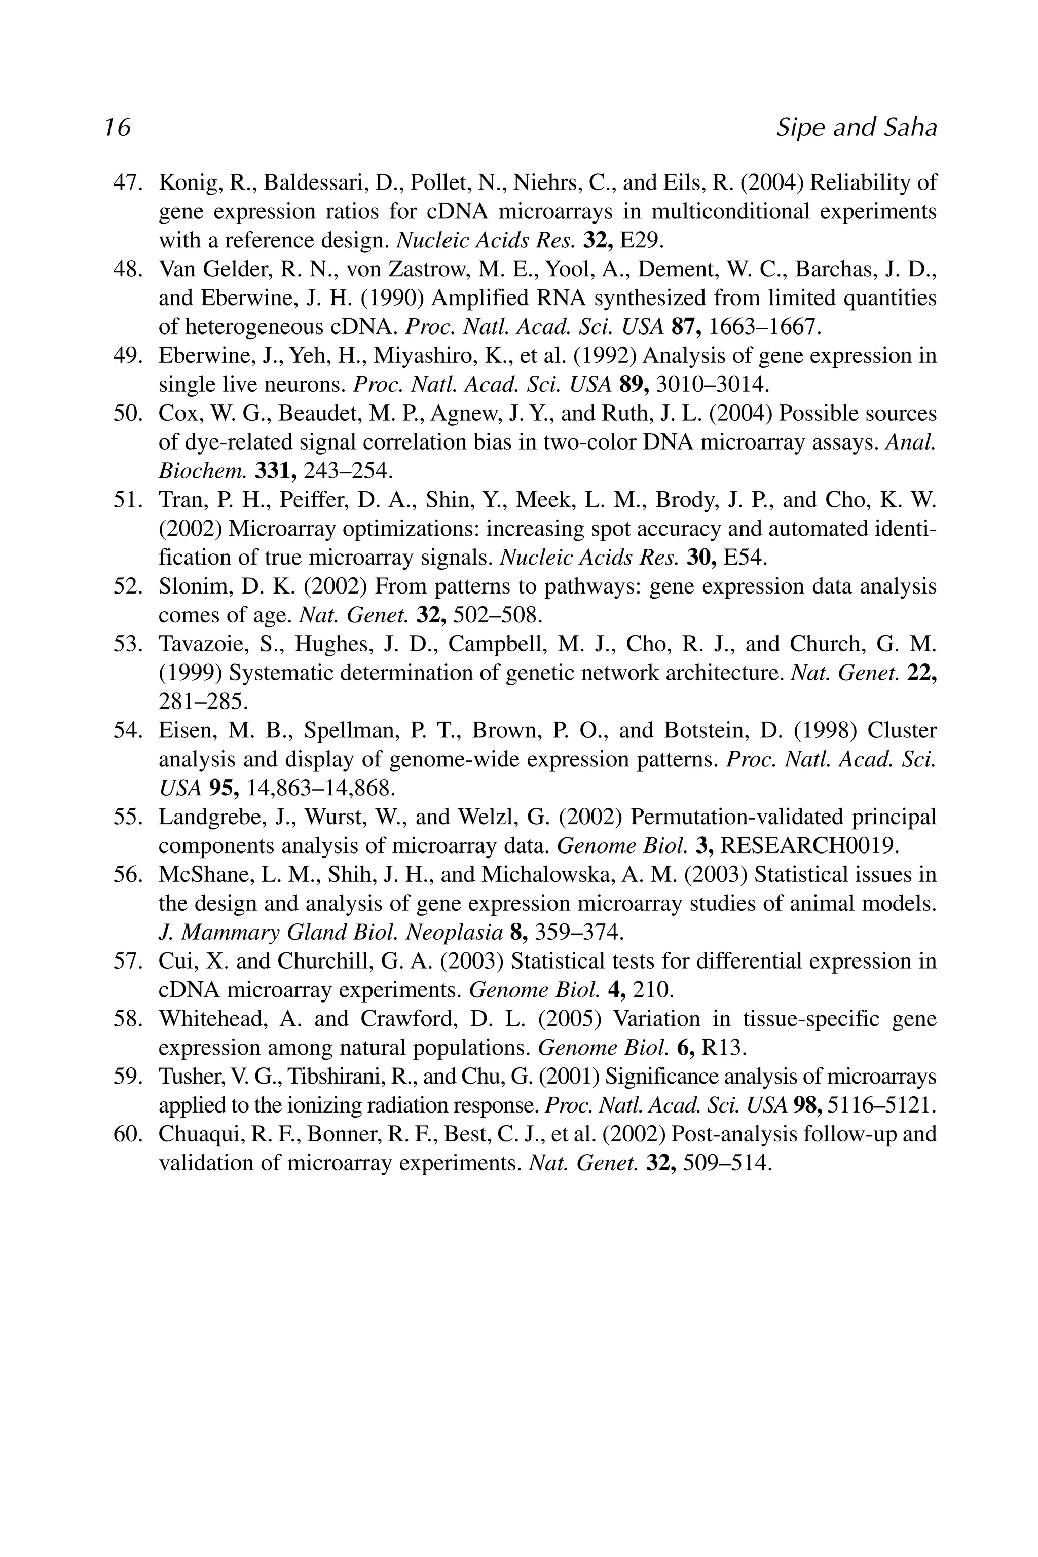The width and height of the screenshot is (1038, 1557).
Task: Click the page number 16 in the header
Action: pos(117,127)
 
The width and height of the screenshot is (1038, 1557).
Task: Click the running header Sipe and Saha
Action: pos(856,127)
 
